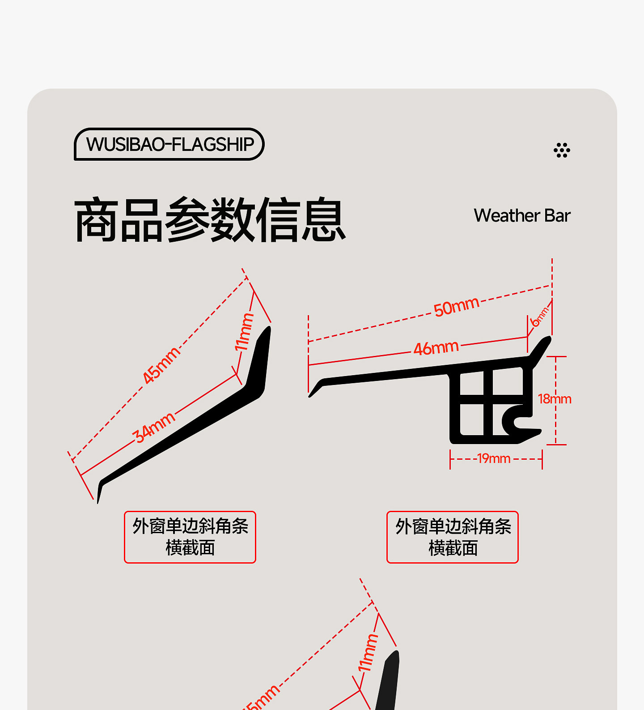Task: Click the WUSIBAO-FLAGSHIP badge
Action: click(169, 144)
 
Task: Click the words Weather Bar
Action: click(522, 216)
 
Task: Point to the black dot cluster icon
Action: click(562, 150)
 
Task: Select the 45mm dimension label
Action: click(161, 364)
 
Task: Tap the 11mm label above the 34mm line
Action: click(244, 332)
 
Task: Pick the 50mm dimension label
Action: click(456, 307)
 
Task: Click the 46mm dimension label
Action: click(436, 348)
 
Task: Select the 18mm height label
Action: click(554, 399)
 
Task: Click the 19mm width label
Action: click(494, 458)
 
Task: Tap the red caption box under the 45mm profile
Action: click(190, 537)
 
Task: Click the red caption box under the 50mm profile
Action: click(452, 537)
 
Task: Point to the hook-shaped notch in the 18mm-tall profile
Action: click(519, 422)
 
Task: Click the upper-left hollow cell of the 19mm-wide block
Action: click(471, 384)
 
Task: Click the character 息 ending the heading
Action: click(323, 220)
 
